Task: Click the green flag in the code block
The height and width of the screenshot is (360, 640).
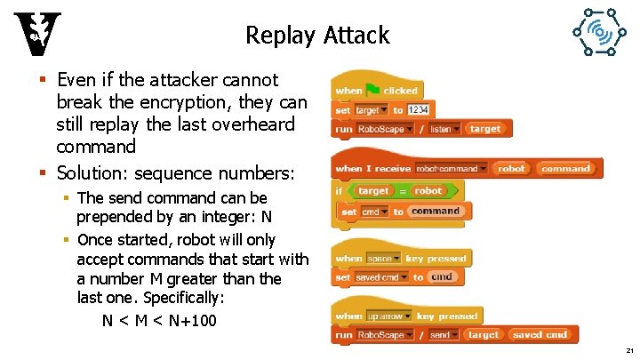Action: point(373,90)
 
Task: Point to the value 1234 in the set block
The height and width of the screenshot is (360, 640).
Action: point(419,109)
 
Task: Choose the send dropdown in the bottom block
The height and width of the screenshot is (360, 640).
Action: point(443,335)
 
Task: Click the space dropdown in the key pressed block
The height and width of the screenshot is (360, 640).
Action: point(383,259)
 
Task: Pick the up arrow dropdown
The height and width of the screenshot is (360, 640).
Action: point(389,316)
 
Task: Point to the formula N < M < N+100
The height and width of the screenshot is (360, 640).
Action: point(159,320)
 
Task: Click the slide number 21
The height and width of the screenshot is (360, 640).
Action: point(628,351)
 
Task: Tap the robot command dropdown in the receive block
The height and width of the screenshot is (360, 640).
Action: point(452,168)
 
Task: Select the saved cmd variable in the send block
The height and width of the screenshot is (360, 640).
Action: point(540,335)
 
